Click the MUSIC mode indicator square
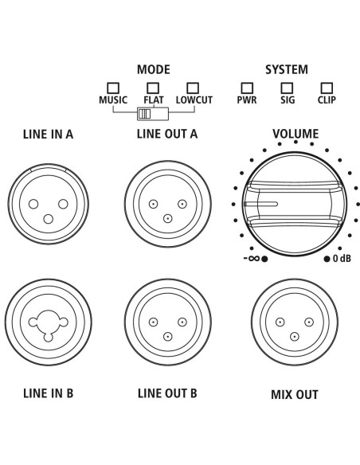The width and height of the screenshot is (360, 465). click(113, 88)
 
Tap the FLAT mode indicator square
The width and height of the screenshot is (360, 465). click(153, 88)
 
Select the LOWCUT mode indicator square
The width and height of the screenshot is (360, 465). click(193, 88)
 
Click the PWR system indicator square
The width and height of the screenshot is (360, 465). click(247, 88)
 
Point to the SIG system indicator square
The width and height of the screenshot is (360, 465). click(287, 88)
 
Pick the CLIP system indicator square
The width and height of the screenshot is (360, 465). click(327, 88)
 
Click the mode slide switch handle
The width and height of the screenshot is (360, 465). click(145, 114)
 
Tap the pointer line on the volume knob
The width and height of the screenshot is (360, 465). click(260, 204)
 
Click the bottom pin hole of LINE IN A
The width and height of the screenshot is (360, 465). click(49, 219)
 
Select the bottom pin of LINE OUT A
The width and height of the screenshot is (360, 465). click(168, 219)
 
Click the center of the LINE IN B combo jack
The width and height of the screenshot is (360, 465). click(49, 322)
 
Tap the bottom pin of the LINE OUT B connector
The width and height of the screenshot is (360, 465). click(168, 337)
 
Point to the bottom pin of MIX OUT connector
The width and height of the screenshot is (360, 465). click(295, 337)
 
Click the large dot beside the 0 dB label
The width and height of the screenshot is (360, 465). click(327, 259)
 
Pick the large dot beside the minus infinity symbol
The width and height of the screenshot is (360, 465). click(264, 259)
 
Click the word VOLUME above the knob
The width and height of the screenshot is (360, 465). click(295, 134)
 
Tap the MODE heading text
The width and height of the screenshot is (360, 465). click(154, 69)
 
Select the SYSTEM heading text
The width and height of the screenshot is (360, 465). click(287, 69)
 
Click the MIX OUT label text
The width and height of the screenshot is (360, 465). click(295, 395)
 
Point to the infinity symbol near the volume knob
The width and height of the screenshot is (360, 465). click(254, 258)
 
